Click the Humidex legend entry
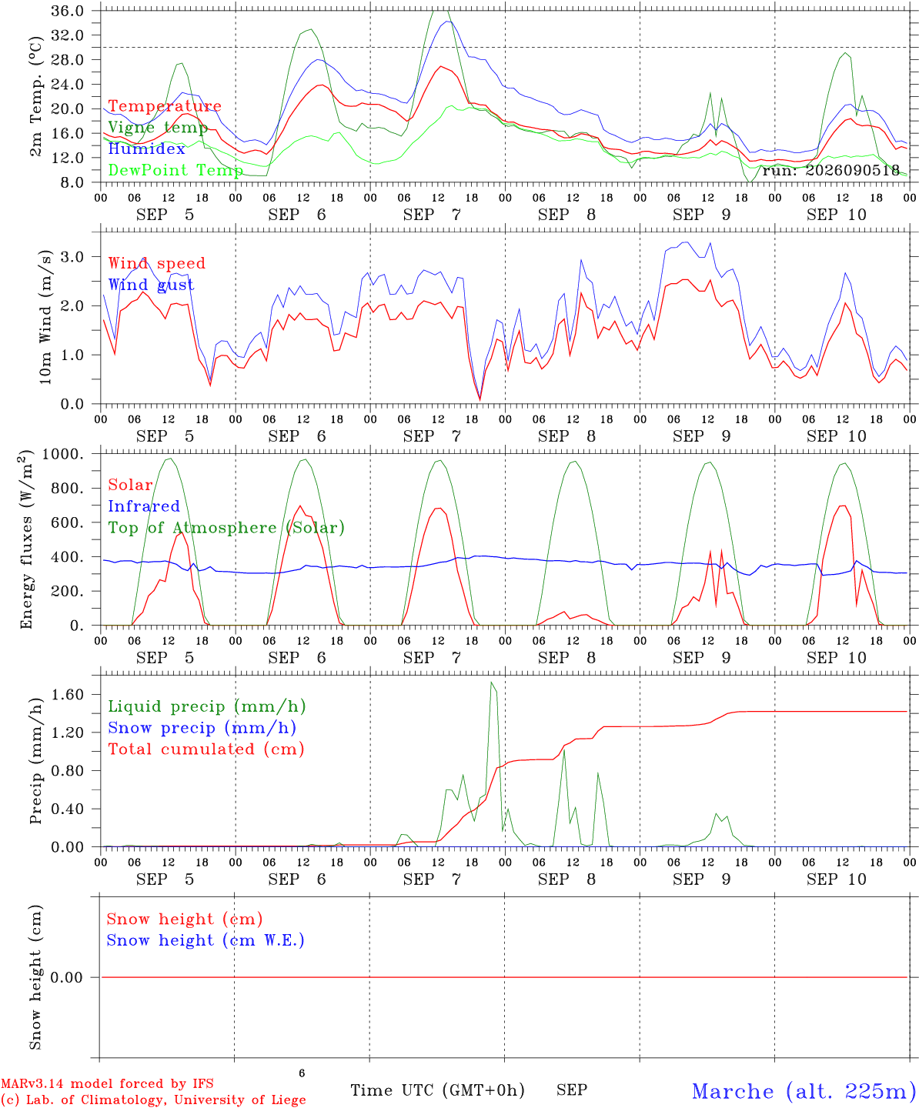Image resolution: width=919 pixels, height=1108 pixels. (146, 149)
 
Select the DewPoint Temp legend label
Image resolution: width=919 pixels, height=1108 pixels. (175, 170)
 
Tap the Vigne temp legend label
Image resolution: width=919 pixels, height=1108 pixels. (158, 128)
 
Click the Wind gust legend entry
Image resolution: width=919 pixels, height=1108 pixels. (152, 285)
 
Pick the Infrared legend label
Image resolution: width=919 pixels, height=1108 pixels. (144, 506)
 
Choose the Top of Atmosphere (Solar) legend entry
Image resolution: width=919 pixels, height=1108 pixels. (227, 528)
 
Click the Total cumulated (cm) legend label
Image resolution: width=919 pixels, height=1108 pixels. (206, 749)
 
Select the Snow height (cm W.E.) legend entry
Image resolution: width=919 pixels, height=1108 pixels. (206, 940)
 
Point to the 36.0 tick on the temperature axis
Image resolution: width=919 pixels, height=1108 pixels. (68, 11)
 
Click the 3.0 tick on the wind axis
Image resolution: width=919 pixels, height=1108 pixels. (72, 257)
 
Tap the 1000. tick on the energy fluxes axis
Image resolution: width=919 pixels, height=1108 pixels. (63, 454)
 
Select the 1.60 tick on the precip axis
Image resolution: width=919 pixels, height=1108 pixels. (68, 695)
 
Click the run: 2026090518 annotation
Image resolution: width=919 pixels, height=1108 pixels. (830, 170)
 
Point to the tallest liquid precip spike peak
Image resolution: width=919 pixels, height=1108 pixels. (491, 682)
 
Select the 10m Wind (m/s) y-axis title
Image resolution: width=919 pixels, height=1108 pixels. (45, 317)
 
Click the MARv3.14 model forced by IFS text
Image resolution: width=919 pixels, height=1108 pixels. (107, 1083)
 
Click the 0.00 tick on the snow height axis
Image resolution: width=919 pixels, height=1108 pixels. (67, 977)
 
